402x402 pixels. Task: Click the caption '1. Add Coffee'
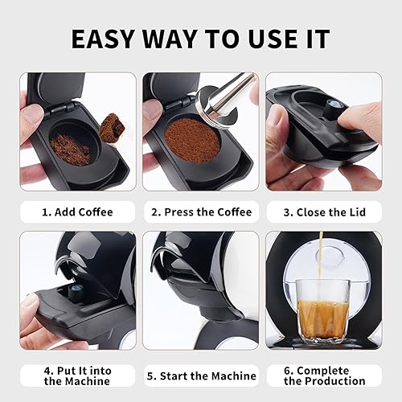pos(77,212)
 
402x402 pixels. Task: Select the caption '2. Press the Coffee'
pos(200,212)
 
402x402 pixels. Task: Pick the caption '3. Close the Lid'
pos(324,212)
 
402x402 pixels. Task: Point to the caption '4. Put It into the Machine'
pos(77,375)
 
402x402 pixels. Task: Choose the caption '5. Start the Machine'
pos(200,375)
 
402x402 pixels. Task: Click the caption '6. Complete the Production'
pos(324,375)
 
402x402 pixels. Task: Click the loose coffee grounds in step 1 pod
pos(71,148)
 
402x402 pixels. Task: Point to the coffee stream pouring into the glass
pos(320,257)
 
